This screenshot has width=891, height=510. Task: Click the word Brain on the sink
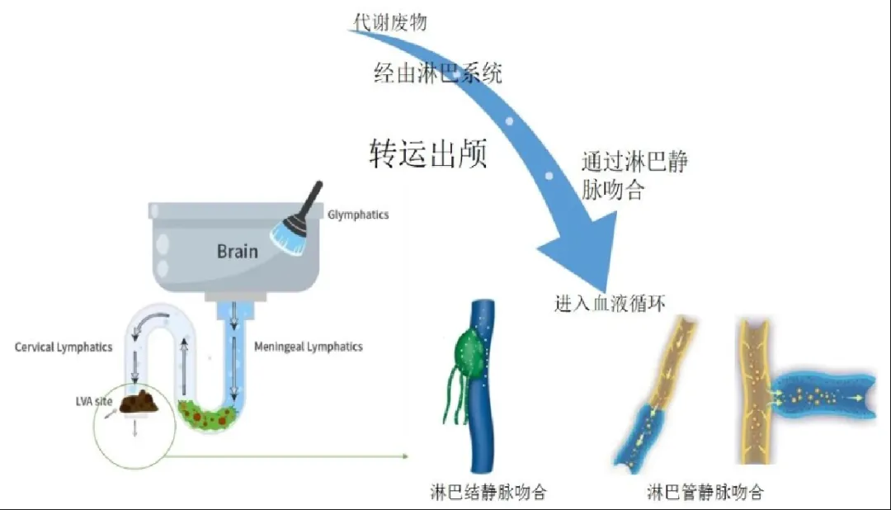click(237, 250)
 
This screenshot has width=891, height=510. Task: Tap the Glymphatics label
click(357, 215)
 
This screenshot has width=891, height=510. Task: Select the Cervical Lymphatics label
click(64, 347)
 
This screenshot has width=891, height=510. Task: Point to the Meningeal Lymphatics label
click(308, 347)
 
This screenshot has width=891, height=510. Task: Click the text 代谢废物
click(390, 22)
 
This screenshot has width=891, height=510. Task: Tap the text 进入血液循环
click(610, 304)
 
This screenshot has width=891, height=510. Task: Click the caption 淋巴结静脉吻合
click(488, 493)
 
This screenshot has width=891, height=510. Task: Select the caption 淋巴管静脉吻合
click(705, 493)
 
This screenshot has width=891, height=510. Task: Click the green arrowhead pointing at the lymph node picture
click(405, 456)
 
